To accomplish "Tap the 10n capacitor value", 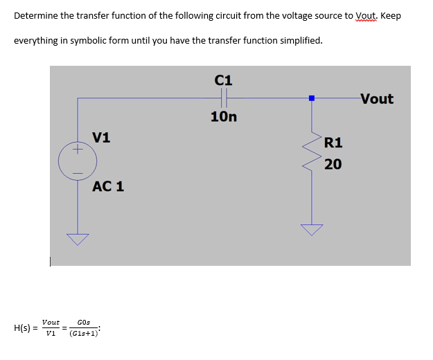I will coord(224,116).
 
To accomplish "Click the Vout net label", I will coord(377,99).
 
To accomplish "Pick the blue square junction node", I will coord(312,98).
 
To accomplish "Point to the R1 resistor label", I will coord(333,143).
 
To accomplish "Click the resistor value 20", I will coord(333,164).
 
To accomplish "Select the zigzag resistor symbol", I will coord(312,154).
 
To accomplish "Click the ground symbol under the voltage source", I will coord(78,239).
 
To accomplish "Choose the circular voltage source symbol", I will coord(78,161).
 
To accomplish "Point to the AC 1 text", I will coord(109,186).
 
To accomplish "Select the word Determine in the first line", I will coord(36,15).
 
